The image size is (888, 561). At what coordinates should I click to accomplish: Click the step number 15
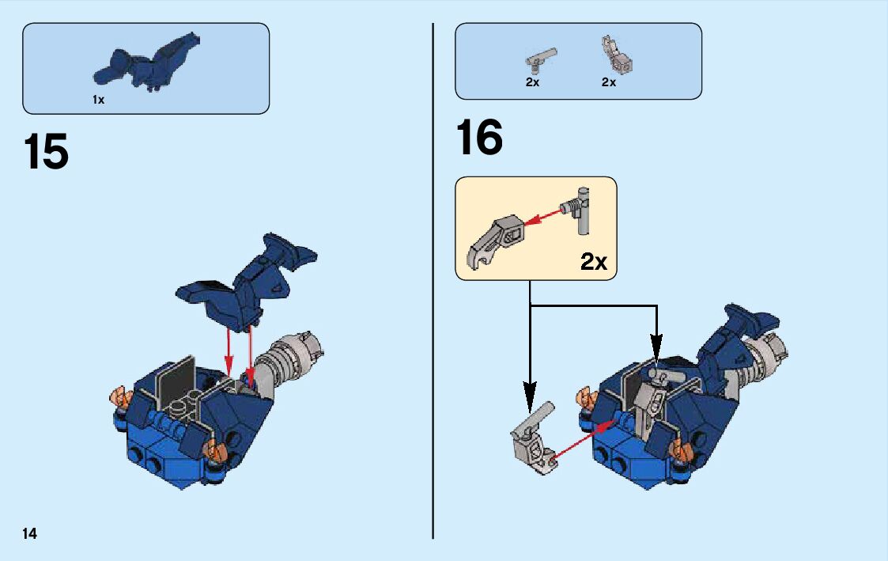pos(46,151)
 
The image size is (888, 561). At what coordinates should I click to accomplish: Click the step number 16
pos(479,137)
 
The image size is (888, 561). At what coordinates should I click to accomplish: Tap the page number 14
pos(29,533)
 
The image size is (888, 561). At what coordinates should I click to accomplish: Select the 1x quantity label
pos(99,100)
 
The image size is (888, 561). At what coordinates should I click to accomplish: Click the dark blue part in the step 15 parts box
pos(145,63)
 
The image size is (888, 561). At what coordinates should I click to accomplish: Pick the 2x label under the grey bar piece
pos(532,82)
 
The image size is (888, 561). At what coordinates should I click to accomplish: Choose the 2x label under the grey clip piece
pos(609,82)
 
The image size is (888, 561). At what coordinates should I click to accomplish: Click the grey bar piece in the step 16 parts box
pos(541,59)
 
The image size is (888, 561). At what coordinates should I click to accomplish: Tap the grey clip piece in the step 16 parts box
pos(617,55)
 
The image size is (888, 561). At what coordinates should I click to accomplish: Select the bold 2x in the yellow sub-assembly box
pos(594,261)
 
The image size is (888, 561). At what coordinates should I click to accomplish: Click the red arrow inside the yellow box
pos(542,217)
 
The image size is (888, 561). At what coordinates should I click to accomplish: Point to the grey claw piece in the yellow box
pos(496,242)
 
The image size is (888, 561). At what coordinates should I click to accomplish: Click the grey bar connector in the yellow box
pos(576,210)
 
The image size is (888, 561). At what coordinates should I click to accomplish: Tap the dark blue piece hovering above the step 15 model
pos(247,280)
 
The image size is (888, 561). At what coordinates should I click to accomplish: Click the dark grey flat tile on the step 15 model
pos(176,381)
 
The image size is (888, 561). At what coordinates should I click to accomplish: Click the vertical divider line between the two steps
pos(433,280)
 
